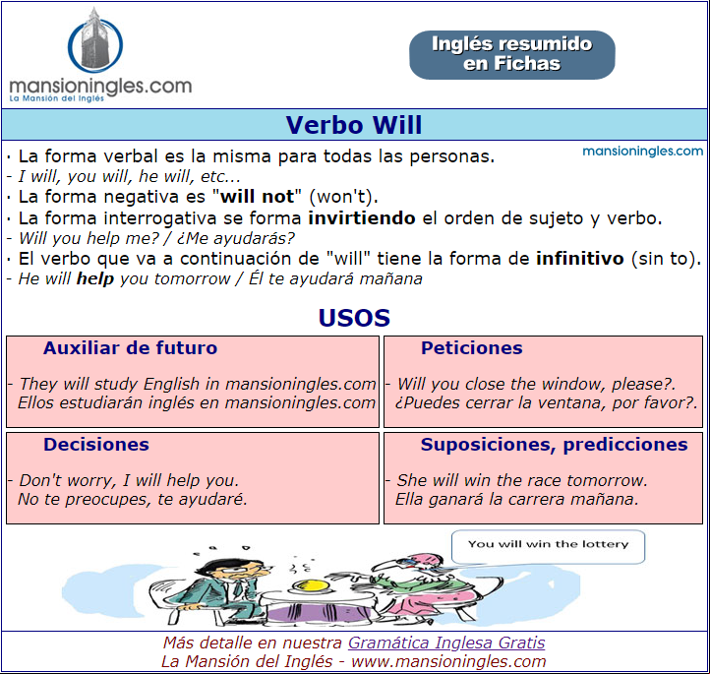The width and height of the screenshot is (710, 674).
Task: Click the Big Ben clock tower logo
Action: tap(95, 41)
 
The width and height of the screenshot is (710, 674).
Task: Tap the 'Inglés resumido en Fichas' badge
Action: tap(512, 55)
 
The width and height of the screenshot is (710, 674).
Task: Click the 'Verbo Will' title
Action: tap(354, 125)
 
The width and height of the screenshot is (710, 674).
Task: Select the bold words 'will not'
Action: tap(258, 197)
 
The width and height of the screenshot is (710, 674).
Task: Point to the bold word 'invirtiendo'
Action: tap(362, 218)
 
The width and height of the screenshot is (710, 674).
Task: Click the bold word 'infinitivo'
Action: tap(580, 259)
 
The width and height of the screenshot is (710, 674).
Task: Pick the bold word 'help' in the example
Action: tap(95, 278)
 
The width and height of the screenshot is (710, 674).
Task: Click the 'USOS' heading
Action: tap(354, 318)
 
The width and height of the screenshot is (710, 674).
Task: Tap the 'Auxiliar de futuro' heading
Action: tap(131, 348)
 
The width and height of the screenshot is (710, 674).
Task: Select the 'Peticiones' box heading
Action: tap(472, 348)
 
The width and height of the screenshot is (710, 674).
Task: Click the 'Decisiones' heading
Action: tap(96, 445)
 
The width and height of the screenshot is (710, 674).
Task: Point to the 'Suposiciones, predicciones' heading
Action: tap(555, 445)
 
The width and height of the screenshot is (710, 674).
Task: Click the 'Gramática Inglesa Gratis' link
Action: tap(446, 643)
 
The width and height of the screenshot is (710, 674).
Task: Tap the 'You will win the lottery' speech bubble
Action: tap(548, 547)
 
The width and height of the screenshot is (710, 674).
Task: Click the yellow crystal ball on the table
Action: tap(309, 586)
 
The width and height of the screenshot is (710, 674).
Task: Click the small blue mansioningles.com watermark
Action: tap(642, 151)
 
